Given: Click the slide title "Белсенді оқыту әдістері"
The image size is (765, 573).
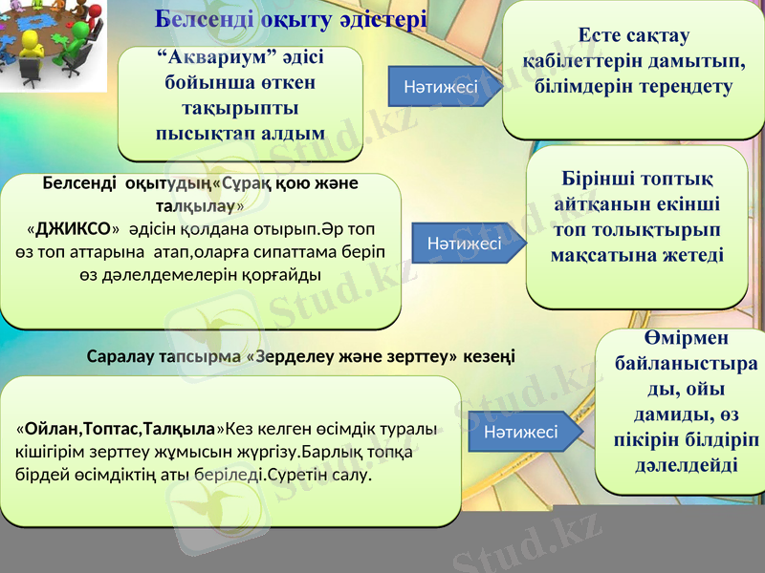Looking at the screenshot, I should (x=291, y=19).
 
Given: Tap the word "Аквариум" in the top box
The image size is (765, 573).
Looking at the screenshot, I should (x=219, y=58).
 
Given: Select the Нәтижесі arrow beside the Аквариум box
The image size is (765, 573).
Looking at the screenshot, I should (x=442, y=87).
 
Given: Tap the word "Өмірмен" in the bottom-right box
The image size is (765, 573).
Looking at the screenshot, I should (x=680, y=340).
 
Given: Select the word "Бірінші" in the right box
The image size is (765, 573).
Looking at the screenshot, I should (x=598, y=180).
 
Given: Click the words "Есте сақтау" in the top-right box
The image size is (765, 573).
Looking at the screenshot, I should (x=634, y=35).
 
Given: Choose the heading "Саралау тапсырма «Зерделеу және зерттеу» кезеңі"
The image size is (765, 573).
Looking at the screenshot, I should (x=300, y=357).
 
